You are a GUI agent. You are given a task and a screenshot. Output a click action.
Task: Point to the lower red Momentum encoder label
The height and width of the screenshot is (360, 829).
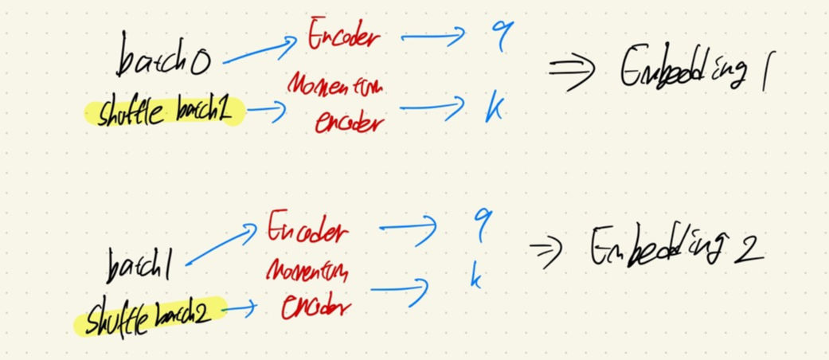pyautogui.click(x=307, y=289)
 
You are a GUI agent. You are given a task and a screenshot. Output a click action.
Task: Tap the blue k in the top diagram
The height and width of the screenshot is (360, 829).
pyautogui.click(x=494, y=112)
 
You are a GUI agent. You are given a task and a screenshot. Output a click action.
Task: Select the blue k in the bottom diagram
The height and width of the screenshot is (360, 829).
pyautogui.click(x=476, y=278)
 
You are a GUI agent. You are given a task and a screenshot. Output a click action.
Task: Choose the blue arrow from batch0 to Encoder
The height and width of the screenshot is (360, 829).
pyautogui.click(x=259, y=51)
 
